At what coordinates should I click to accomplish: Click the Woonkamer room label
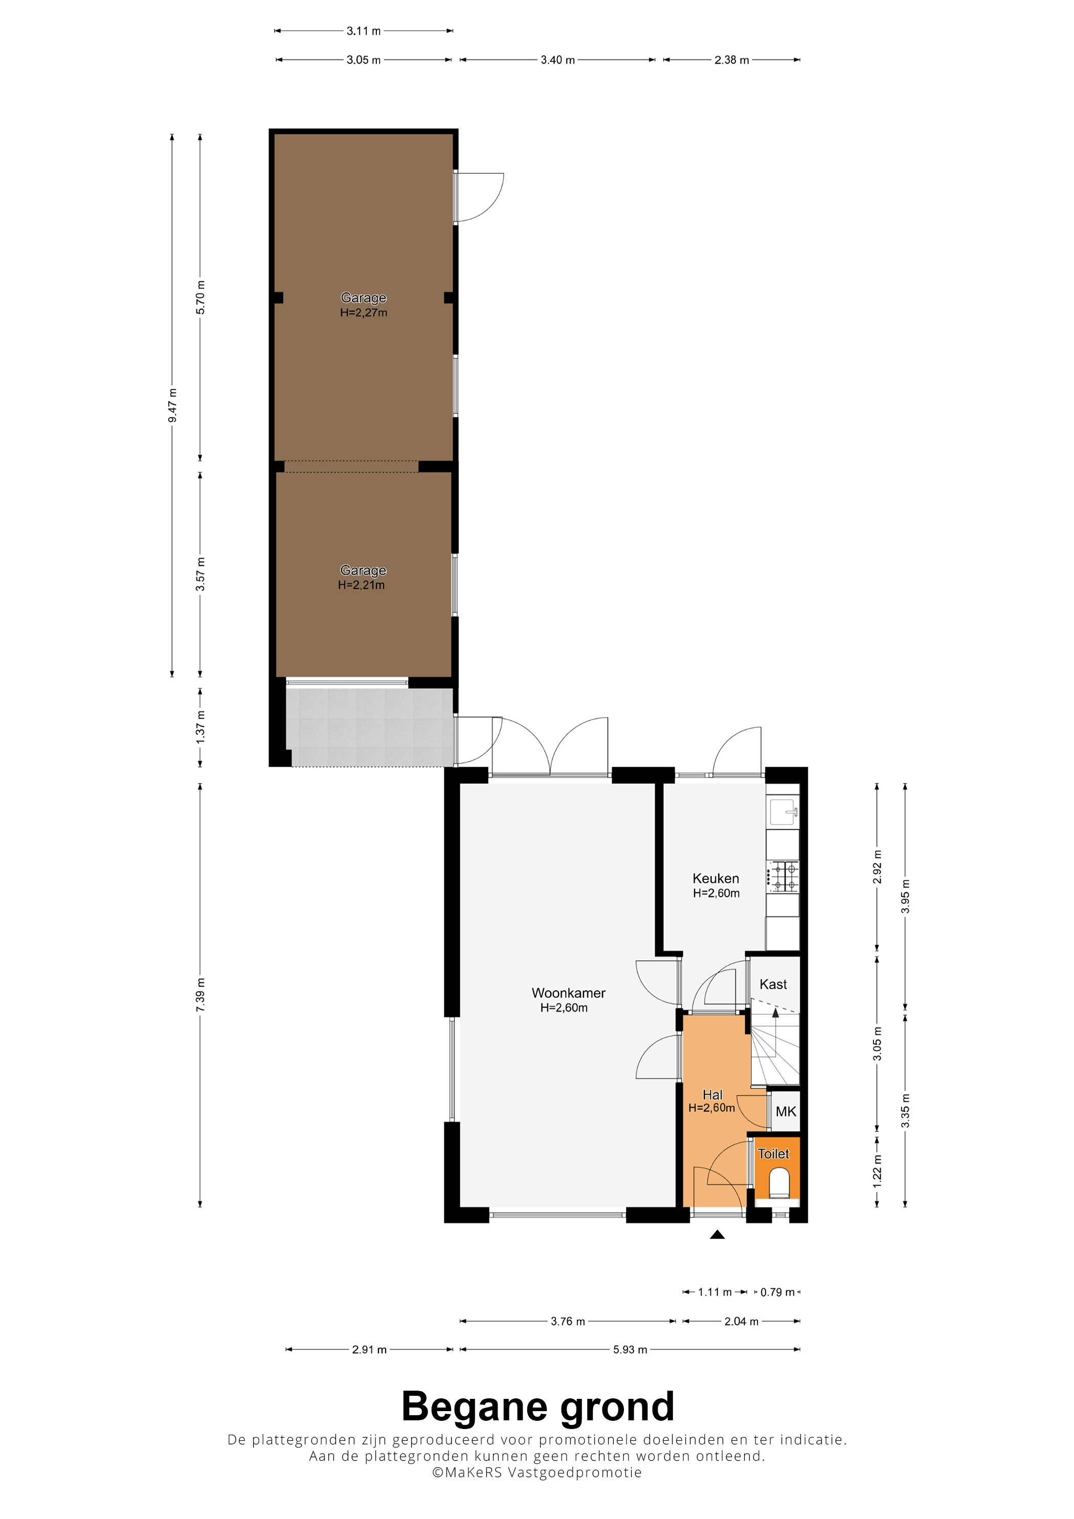(x=568, y=993)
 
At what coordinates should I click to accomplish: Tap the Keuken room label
(x=715, y=878)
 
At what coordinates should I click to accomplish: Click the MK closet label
(x=786, y=1112)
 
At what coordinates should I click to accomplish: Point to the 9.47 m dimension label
(x=172, y=405)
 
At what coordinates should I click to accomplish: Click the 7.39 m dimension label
(x=200, y=994)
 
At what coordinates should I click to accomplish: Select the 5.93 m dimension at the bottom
(x=630, y=1350)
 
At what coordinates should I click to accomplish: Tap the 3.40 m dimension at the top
(x=558, y=59)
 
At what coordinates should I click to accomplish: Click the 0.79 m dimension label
(x=777, y=1292)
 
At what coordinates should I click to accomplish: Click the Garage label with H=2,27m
(x=363, y=298)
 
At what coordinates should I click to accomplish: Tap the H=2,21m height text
(x=361, y=585)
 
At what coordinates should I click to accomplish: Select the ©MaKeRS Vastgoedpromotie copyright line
(x=536, y=1472)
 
